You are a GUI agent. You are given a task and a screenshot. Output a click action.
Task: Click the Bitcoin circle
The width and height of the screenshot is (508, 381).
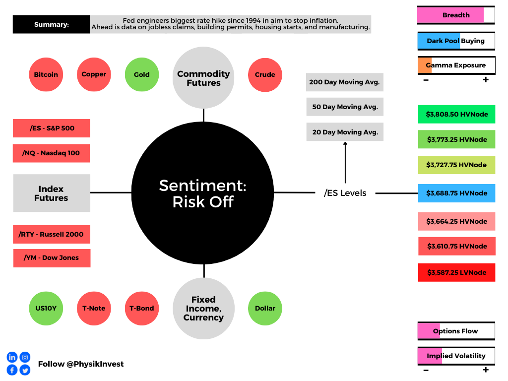click(x=46, y=74)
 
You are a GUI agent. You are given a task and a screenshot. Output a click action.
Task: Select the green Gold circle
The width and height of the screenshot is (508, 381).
click(x=142, y=74)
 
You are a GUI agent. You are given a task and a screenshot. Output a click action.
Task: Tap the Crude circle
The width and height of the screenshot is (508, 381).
click(x=265, y=74)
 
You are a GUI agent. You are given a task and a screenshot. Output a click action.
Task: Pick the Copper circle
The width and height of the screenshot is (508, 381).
click(x=94, y=74)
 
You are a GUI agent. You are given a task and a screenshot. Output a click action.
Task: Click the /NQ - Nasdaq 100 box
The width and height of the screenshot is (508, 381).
click(x=52, y=153)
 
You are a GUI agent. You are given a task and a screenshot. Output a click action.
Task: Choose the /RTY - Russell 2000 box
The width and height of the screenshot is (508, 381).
click(x=52, y=234)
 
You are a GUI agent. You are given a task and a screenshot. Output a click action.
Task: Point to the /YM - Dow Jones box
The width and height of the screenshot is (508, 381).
click(x=52, y=258)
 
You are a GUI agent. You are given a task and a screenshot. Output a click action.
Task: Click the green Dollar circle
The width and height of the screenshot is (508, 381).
click(x=265, y=308)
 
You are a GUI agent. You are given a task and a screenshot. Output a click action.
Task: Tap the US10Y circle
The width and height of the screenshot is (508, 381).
click(x=46, y=308)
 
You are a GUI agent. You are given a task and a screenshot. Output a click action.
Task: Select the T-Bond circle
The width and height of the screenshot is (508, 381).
click(x=142, y=308)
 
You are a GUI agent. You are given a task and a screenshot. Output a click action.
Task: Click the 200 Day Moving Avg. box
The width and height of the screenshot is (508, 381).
click(x=345, y=82)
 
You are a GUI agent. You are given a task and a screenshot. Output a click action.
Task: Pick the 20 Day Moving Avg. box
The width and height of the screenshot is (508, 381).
click(x=345, y=132)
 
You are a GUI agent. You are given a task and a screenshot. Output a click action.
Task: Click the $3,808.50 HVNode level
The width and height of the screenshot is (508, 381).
click(x=456, y=114)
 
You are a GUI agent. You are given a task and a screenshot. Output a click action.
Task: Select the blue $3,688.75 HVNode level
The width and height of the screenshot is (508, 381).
click(x=456, y=193)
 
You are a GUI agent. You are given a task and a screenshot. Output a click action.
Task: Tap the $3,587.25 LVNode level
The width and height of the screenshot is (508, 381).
click(x=456, y=272)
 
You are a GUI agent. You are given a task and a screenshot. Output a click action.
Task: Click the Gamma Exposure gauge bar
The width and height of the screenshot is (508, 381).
click(x=456, y=65)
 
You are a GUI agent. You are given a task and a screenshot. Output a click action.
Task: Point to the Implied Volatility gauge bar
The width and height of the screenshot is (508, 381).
click(x=456, y=356)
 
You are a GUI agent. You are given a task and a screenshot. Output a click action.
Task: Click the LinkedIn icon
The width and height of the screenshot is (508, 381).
click(x=12, y=357)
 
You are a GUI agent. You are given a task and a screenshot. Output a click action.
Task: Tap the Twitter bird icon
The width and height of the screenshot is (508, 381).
click(x=25, y=370)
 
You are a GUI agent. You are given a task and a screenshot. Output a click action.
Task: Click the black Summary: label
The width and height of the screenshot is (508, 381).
click(x=52, y=24)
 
